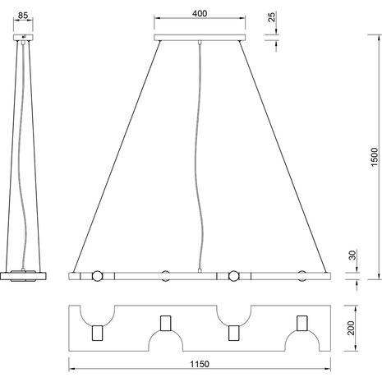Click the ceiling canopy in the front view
(200, 37)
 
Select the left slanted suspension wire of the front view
(115, 156)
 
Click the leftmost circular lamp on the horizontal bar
(97, 275)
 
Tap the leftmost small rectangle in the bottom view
(98, 333)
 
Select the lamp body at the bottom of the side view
(27, 275)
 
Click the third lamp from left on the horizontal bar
(233, 275)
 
